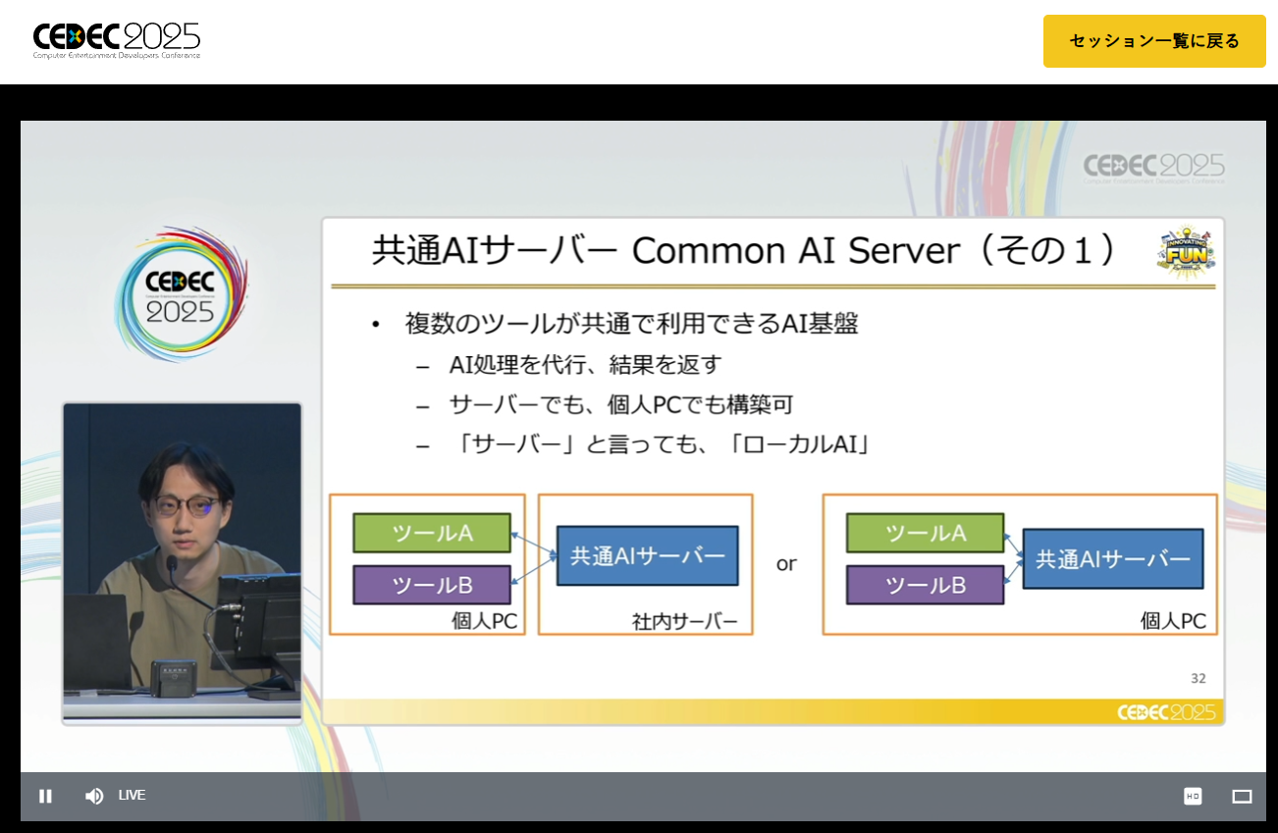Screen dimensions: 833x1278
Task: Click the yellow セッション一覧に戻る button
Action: (1154, 41)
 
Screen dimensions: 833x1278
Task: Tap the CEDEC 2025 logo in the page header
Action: (117, 40)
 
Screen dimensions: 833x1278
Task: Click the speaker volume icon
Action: (94, 796)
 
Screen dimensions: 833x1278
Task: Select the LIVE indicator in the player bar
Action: (132, 795)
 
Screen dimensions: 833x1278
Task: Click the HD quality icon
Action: (1193, 796)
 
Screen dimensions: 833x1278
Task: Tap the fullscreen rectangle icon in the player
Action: (1242, 796)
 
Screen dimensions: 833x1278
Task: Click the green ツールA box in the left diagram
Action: (432, 533)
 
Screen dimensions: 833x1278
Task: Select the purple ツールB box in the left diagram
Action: (432, 585)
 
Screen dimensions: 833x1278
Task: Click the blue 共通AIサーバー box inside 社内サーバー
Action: (647, 555)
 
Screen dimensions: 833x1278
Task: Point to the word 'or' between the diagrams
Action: (786, 564)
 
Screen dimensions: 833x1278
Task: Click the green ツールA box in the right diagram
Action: (925, 533)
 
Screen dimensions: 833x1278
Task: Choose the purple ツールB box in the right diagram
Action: (925, 586)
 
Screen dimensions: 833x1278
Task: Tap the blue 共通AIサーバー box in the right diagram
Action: (1112, 558)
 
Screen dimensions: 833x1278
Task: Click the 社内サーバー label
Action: (684, 622)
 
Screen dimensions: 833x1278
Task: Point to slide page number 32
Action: (1198, 678)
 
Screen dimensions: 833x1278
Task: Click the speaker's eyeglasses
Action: (186, 506)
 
